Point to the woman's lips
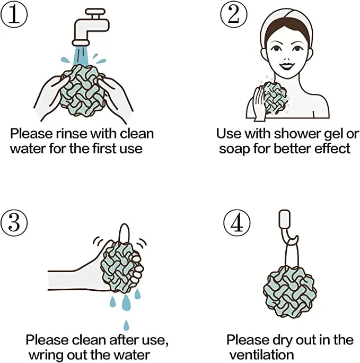[286, 65]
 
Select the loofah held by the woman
[274, 97]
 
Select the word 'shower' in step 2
[277, 133]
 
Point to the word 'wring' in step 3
[45, 355]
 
